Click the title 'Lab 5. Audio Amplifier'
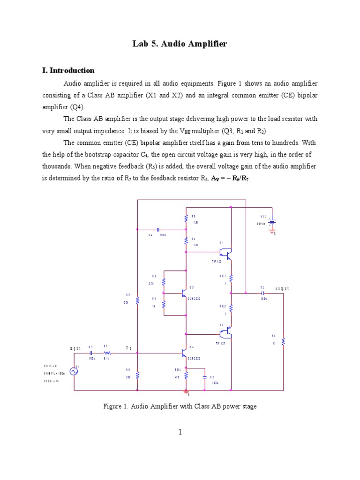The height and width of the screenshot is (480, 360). pos(180,44)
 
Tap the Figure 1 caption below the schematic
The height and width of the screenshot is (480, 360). pos(180,406)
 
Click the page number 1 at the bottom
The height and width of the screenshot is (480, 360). pos(180,432)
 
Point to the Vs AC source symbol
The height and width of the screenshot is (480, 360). pos(74,371)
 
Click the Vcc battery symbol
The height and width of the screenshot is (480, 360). pos(272,221)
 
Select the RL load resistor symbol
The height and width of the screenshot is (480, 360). pos(283,342)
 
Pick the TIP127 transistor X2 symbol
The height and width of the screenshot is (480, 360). pos(227,333)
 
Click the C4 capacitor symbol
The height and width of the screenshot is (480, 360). pos(158,230)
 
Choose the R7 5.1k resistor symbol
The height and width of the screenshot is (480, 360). pos(107,352)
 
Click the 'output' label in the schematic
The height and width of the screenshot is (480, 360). pos(282,289)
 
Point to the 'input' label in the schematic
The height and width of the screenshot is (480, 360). pos(75,348)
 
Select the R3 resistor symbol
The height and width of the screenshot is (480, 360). pos(187,219)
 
